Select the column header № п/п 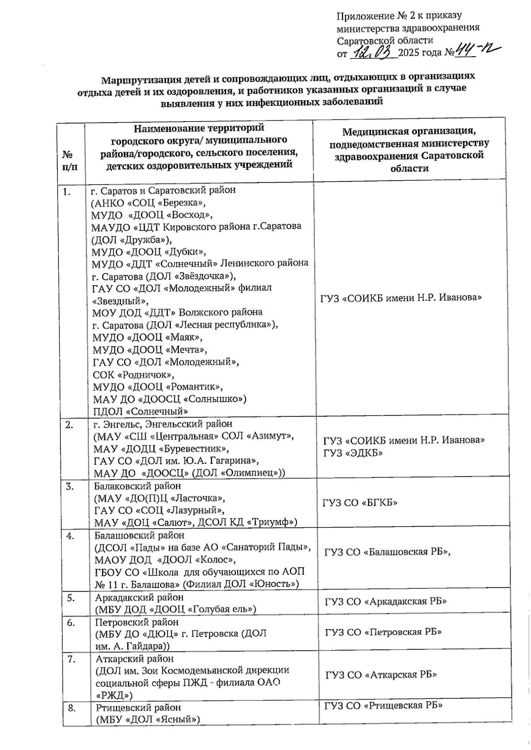tap(70, 161)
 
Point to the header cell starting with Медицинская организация tap(409, 149)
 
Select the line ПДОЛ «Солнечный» tap(140, 411)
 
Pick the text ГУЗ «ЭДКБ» tap(353, 453)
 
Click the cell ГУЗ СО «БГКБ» tap(360, 503)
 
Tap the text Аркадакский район tap(139, 597)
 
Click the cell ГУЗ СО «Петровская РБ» tap(383, 632)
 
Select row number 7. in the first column tap(71, 659)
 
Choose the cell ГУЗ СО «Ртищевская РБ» tap(384, 705)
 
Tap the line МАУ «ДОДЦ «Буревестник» tap(161, 449)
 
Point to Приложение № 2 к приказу tap(399, 16)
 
